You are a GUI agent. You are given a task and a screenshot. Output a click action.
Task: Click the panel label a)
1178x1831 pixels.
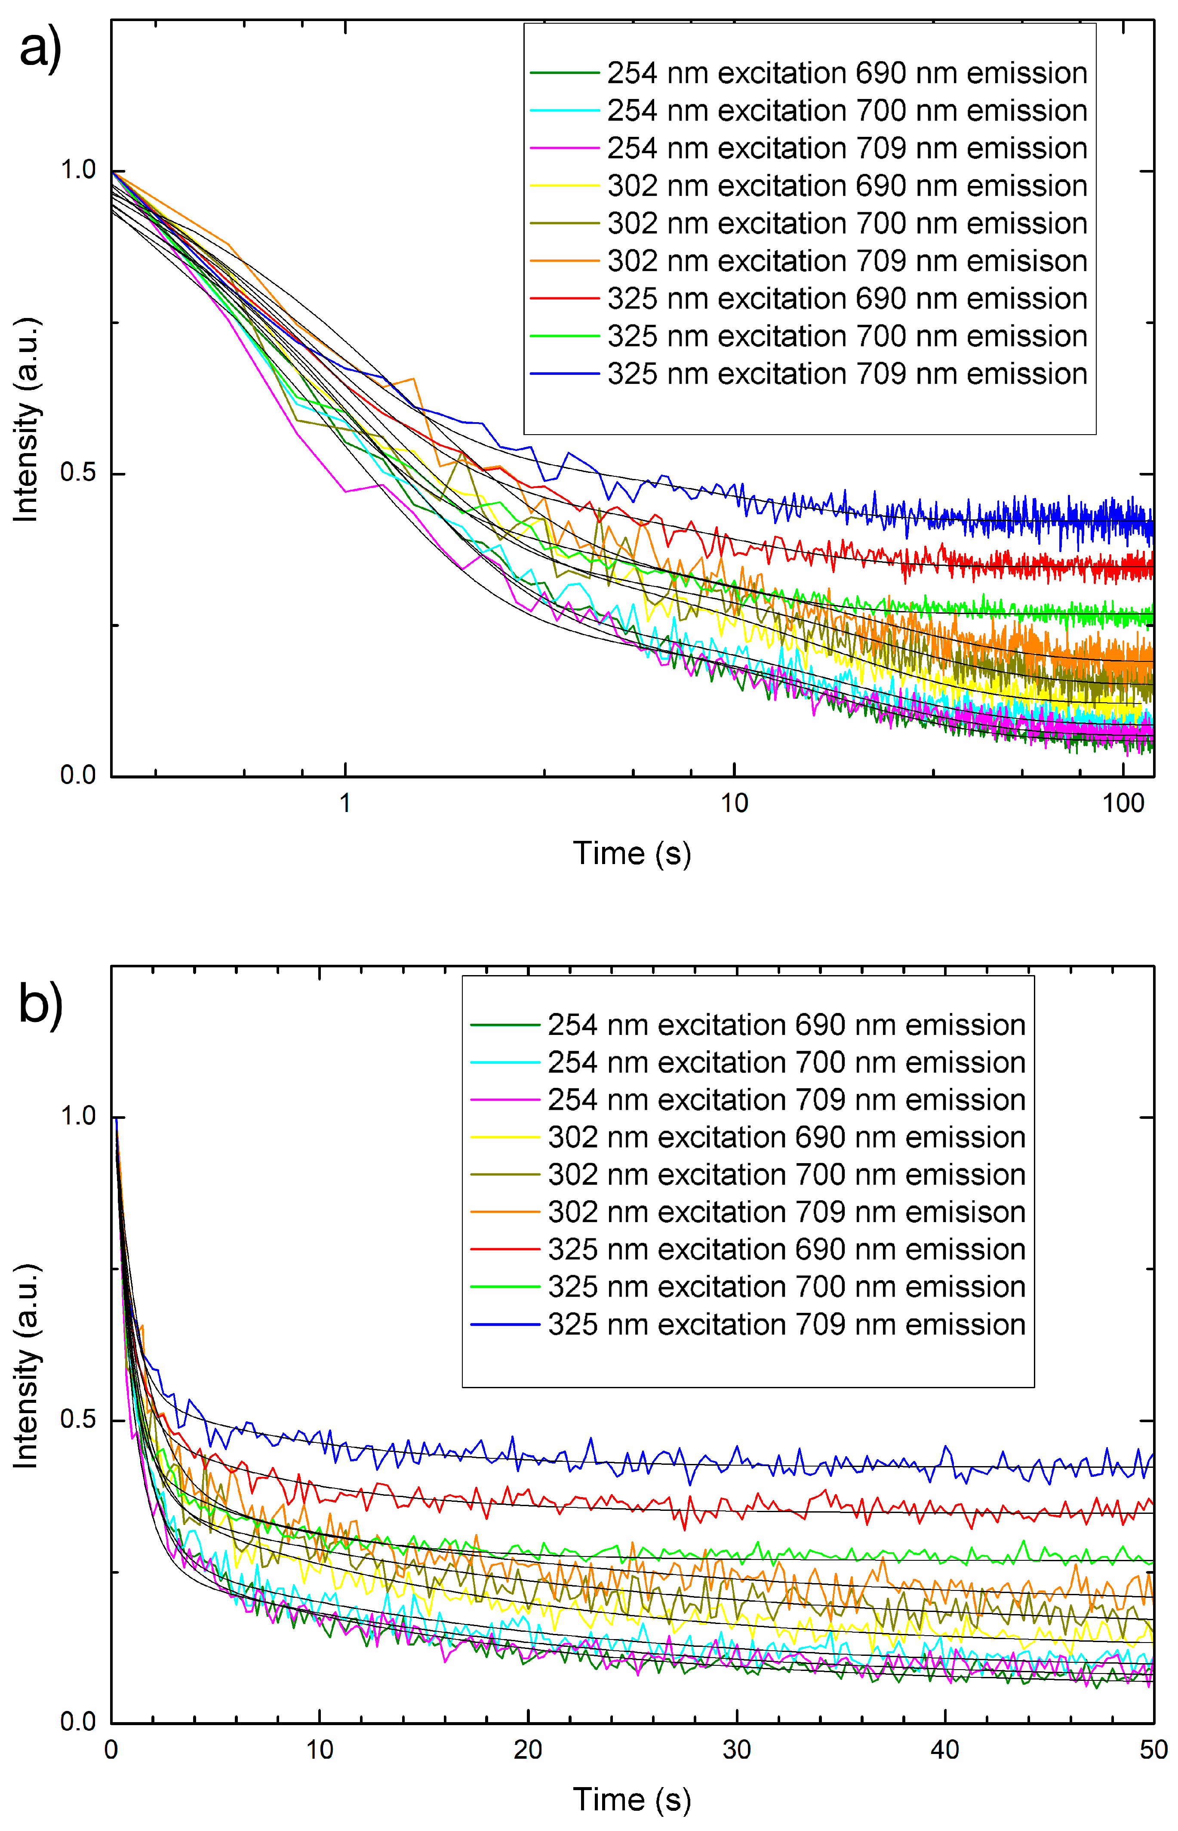40,50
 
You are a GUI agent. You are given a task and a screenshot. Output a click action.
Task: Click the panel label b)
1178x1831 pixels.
40,1003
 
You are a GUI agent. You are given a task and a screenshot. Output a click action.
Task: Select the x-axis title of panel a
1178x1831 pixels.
632,853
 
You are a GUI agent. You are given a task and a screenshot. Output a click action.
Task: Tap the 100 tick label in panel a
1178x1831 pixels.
1123,803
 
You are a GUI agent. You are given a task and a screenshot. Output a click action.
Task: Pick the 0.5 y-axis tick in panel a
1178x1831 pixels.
78,473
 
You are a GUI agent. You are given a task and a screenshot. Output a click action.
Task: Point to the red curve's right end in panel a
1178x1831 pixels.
1152,568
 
